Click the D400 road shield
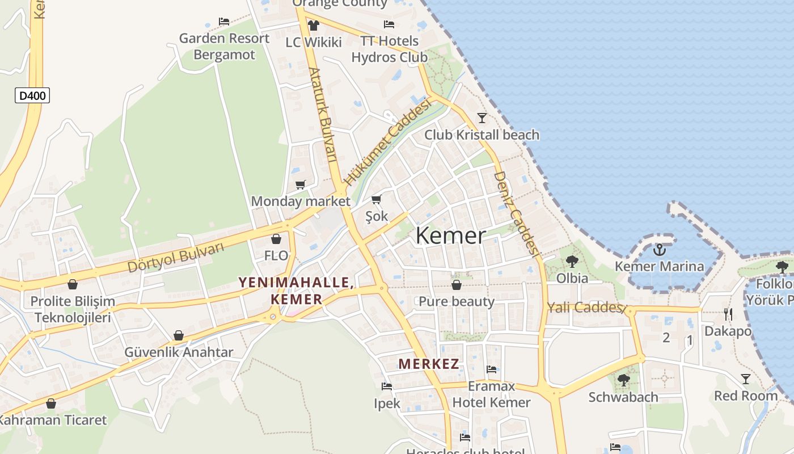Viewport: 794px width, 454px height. (x=32, y=96)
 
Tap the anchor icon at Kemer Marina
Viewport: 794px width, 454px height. (x=660, y=249)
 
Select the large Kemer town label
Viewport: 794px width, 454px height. (x=451, y=236)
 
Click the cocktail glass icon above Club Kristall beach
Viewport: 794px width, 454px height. (x=482, y=118)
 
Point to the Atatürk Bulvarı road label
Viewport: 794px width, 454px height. (x=323, y=115)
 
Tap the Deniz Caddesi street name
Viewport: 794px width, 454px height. (x=516, y=213)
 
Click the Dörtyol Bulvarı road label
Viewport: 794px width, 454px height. (x=176, y=257)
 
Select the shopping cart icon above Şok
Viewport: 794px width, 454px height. (x=376, y=199)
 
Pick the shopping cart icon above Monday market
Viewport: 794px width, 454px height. (x=300, y=184)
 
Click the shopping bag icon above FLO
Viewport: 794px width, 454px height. (x=276, y=239)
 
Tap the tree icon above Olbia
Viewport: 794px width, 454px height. (x=572, y=262)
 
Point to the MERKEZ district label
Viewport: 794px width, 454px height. (x=428, y=364)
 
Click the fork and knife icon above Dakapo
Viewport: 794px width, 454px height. (x=728, y=314)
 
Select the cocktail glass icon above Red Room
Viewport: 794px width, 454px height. (x=746, y=379)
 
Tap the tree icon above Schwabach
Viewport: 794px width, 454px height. (x=623, y=380)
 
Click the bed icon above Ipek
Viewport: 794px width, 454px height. (x=387, y=386)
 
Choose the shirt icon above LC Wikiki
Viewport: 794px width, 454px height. (x=313, y=25)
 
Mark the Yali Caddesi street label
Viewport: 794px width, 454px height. (x=584, y=308)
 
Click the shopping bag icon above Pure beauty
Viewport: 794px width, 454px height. (x=456, y=284)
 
